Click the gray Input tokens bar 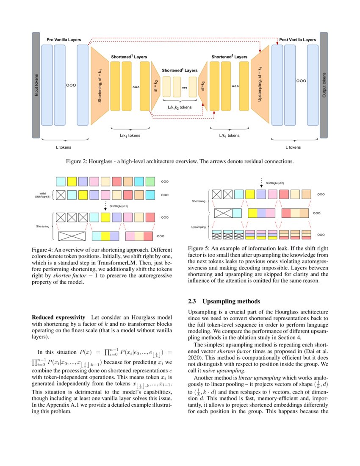coord(36,85)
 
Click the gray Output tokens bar coord(324,85)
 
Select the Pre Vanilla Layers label coord(64,39)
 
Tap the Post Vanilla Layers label coord(297,39)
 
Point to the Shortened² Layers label coord(180,70)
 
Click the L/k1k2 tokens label coord(180,108)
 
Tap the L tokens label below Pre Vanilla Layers coord(64,147)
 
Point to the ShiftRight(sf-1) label coord(119,206)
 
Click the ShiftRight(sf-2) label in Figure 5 coord(274,183)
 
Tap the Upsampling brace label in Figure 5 coord(198,227)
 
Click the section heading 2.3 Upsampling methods coord(223,302)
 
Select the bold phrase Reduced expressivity coord(58,317)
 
